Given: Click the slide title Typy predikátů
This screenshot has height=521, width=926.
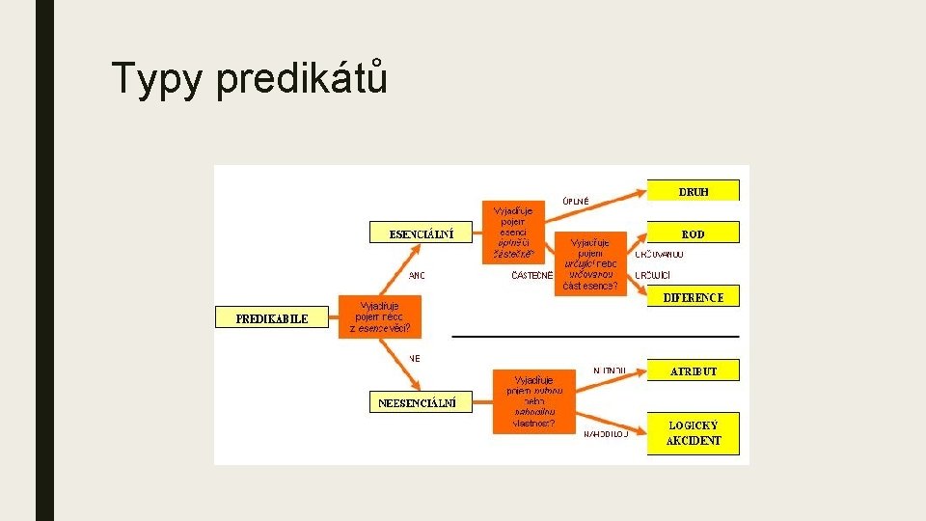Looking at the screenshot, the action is coord(250,78).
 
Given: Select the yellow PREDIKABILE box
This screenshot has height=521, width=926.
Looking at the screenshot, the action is coord(272,318).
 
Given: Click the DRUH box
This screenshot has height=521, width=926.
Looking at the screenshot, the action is coord(693,191).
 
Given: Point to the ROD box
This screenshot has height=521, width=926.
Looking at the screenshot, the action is coord(693,233).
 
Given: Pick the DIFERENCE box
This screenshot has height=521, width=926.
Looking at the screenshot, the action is coord(693,298).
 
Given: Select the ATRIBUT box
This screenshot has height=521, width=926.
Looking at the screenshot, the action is coord(694,370).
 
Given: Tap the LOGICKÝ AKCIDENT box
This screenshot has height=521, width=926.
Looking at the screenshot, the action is coord(694,432).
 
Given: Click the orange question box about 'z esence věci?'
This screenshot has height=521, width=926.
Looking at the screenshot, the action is coord(380,316).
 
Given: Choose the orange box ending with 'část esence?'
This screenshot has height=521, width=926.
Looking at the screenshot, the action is coord(590,262).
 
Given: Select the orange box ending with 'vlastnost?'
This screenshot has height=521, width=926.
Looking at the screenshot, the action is coord(533,401).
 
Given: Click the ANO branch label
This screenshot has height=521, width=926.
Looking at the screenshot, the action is coord(417,276).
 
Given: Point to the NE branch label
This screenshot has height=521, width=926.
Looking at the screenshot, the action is coord(415,358).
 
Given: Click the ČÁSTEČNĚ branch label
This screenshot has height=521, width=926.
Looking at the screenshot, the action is coord(532,276).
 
